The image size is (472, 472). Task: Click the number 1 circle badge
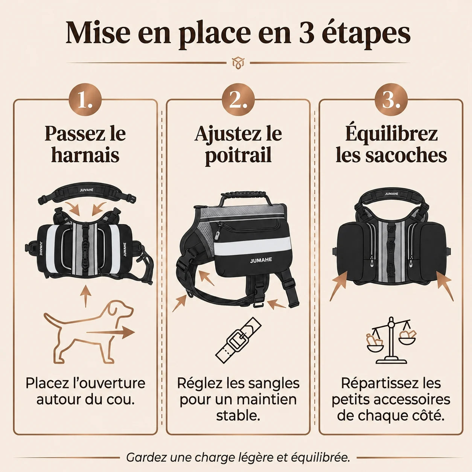coord(85,99)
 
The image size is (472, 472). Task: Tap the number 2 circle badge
coord(238,99)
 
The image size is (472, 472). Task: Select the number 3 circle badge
coord(391,99)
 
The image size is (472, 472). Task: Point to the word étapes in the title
coord(366,35)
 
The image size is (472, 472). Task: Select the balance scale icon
coord(391,341)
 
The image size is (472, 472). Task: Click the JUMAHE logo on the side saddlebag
coord(261,260)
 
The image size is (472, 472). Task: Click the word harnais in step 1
coord(85,155)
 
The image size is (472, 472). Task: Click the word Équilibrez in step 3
coord(391,134)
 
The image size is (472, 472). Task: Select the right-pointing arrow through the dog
coord(111,332)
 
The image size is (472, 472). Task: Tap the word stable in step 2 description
coord(238,416)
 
